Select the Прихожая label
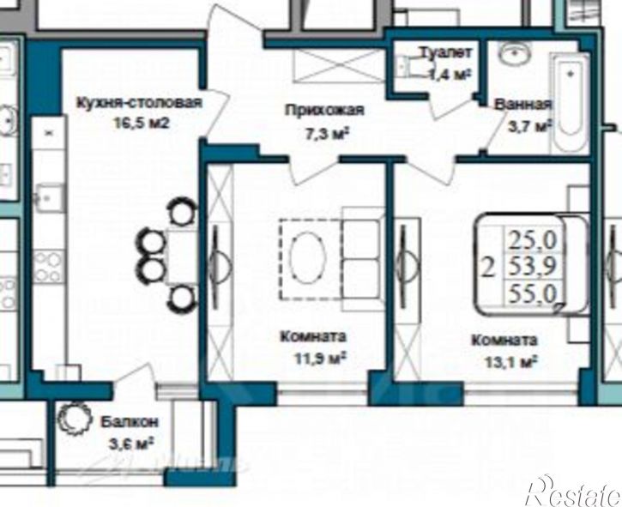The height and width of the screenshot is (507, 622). pos(325,110)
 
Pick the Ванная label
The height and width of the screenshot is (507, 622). pos(522,106)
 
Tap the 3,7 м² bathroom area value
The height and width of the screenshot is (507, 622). pos(528,127)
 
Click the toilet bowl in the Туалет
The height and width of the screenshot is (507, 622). pos(403,67)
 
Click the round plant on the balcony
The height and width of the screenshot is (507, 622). pos(71,421)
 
